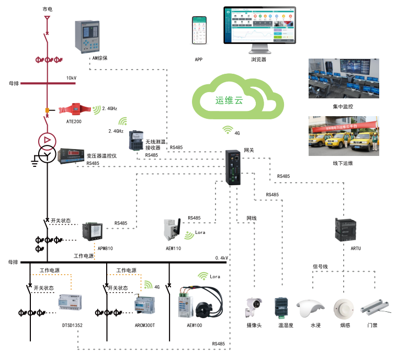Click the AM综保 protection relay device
pyautogui.click(x=87, y=36)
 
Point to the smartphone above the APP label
pyautogui.click(x=199, y=33)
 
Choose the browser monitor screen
pyautogui.click(x=259, y=26)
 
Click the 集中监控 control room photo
pyautogui.click(x=343, y=78)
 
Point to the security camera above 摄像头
pyautogui.click(x=254, y=307)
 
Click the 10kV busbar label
pyautogui.click(x=71, y=78)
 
